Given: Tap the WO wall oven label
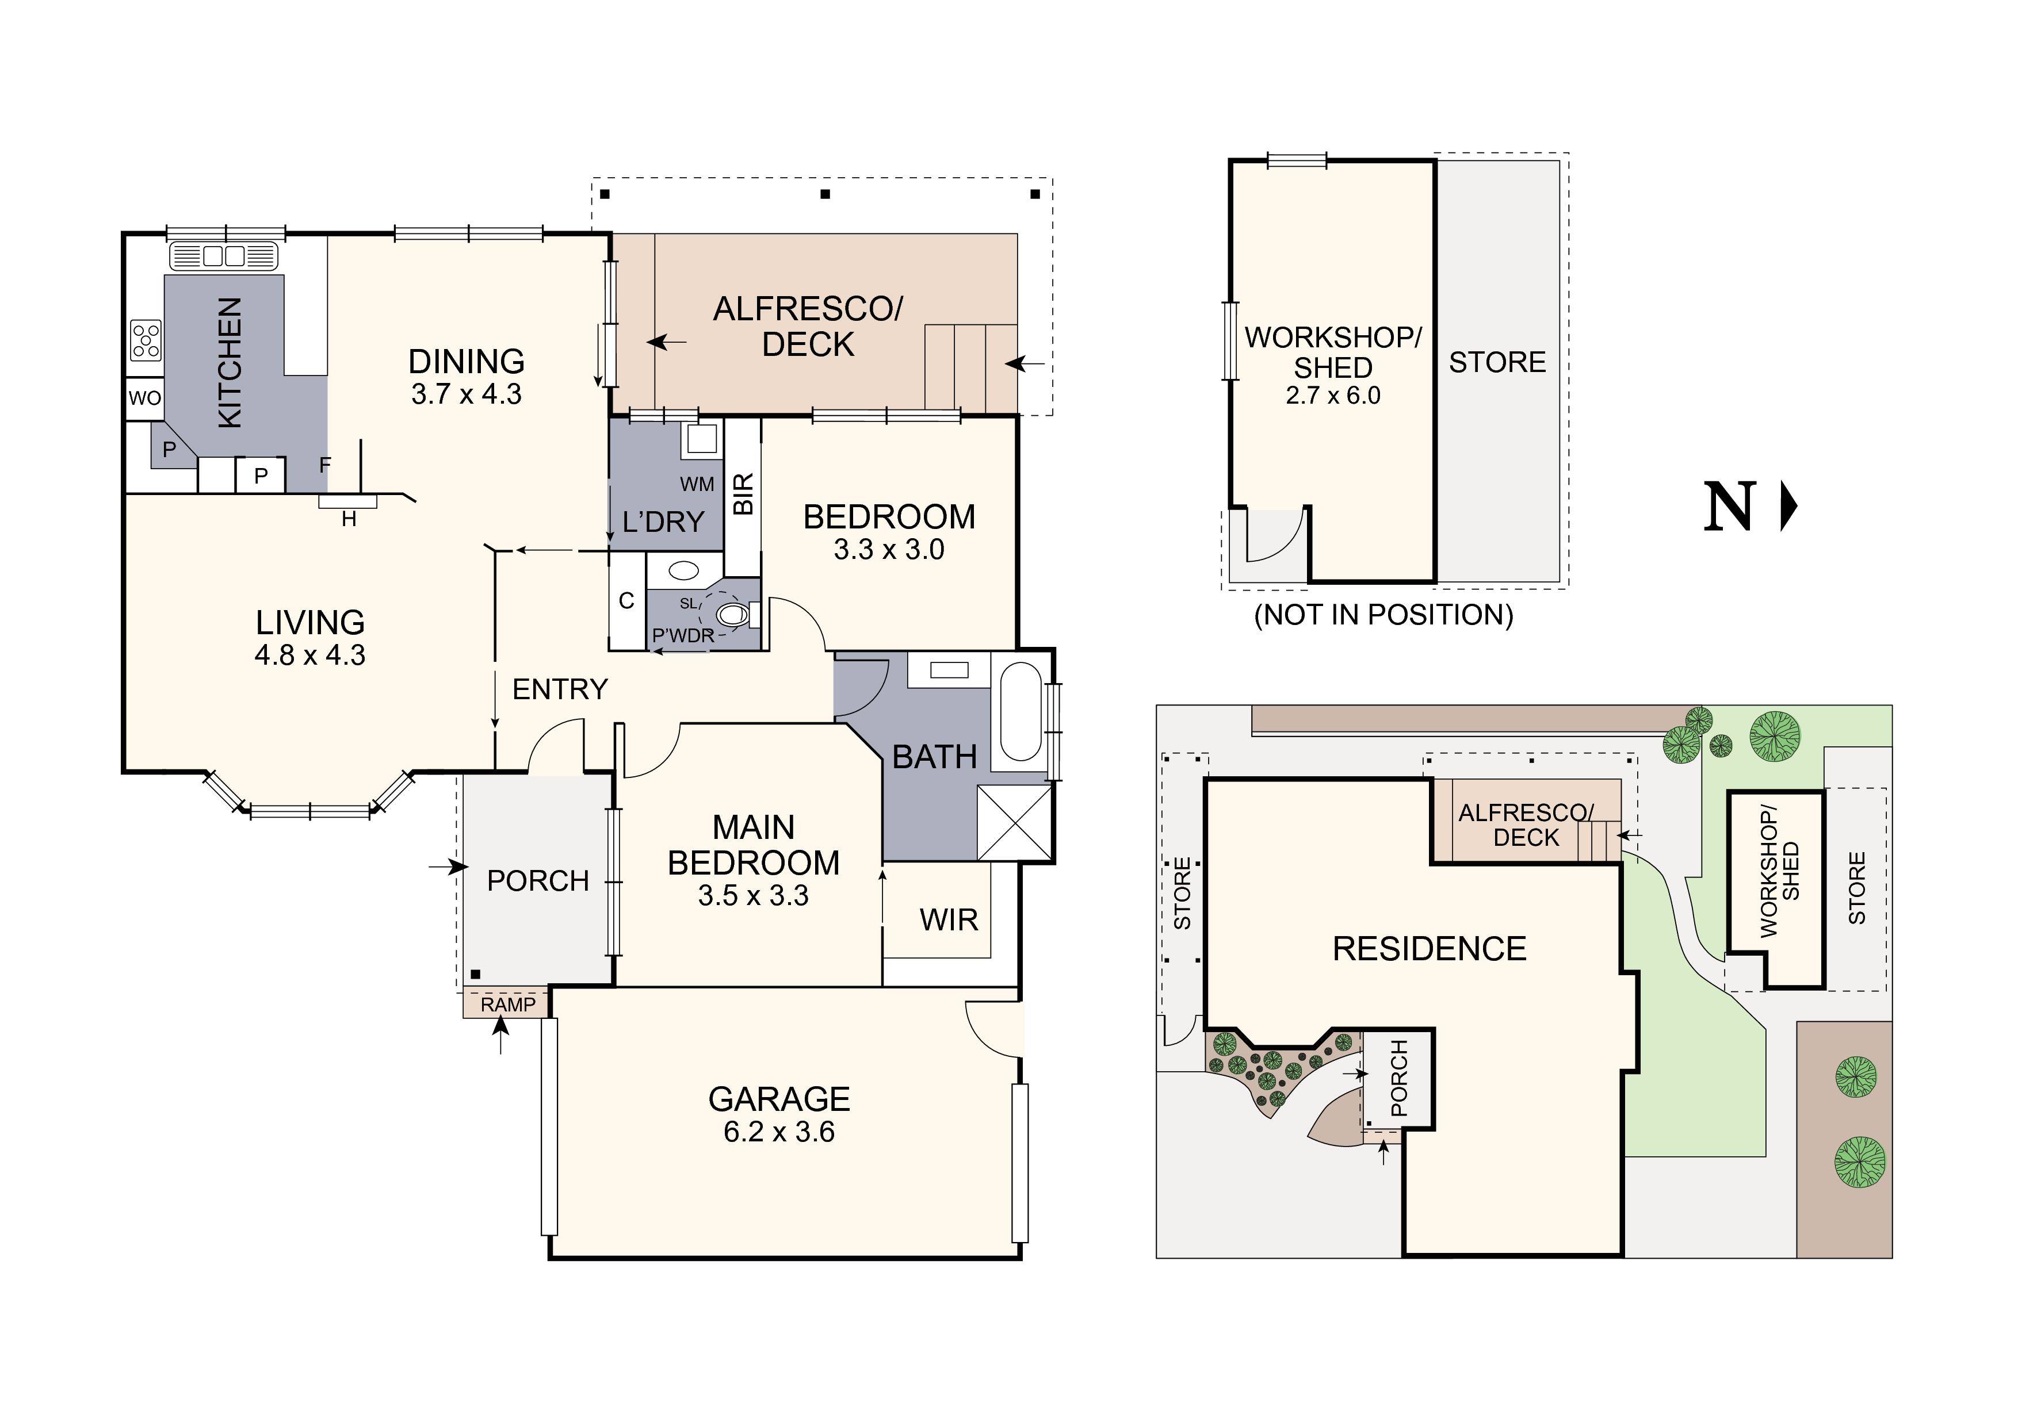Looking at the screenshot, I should (x=145, y=398).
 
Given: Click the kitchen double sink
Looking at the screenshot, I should (x=224, y=256).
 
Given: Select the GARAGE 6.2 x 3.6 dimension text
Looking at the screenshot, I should (x=779, y=1132).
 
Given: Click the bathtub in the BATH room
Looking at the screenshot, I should (x=1019, y=711).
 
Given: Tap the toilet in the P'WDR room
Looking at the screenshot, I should (x=732, y=614).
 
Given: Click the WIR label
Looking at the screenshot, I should (x=949, y=920).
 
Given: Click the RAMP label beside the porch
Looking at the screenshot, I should (x=507, y=1005).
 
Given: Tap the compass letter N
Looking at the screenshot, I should (x=1729, y=507).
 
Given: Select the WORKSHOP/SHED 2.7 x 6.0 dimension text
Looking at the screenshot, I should (x=1332, y=396).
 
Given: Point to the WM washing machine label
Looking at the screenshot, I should (x=697, y=484).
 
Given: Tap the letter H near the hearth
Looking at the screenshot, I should (x=349, y=519).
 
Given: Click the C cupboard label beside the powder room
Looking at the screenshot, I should (x=626, y=601).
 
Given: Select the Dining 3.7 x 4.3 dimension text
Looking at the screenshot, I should (x=466, y=394).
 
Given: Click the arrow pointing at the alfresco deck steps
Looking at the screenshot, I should (x=1027, y=363).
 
